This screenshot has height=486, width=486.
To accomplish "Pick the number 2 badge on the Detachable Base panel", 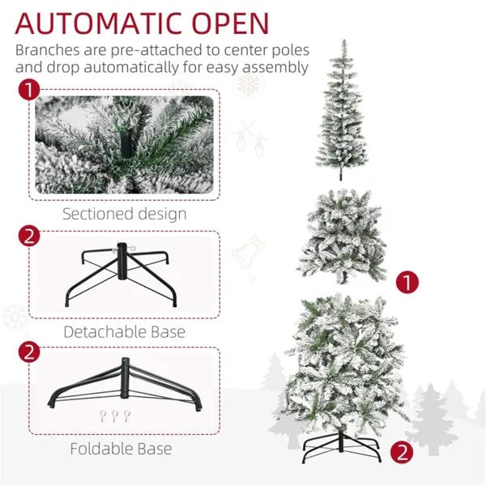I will point(30,237).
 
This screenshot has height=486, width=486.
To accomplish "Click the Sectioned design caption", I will point(125,215).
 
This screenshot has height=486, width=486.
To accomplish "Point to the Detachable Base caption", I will point(125,331).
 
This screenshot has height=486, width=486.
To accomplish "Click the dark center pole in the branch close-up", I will point(125,147).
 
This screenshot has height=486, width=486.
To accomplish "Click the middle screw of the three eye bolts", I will point(115,417).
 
